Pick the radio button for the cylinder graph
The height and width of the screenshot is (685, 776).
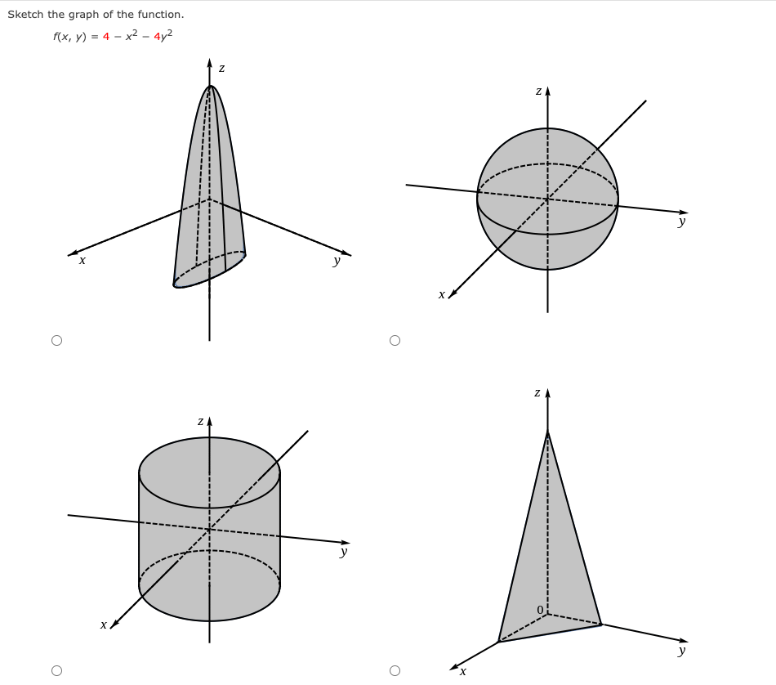pyautogui.click(x=56, y=670)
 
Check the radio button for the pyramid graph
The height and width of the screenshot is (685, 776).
pyautogui.click(x=395, y=670)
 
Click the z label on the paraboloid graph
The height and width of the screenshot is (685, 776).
pyautogui.click(x=221, y=69)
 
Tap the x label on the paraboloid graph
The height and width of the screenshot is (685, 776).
pyautogui.click(x=82, y=261)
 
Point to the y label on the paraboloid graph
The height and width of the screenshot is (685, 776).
pyautogui.click(x=336, y=262)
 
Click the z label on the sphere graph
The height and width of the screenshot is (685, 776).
pyautogui.click(x=538, y=92)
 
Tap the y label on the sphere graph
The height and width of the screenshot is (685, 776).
pyautogui.click(x=681, y=221)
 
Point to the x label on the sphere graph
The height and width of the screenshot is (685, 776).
pyautogui.click(x=441, y=294)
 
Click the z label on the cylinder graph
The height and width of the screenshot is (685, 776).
pyautogui.click(x=200, y=421)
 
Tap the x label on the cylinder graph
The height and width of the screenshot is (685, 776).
pyautogui.click(x=103, y=625)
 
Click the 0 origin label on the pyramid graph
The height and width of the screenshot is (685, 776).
pyautogui.click(x=540, y=610)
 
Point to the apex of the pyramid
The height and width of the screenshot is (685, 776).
pyautogui.click(x=547, y=432)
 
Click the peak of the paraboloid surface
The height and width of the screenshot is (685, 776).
pyautogui.click(x=210, y=87)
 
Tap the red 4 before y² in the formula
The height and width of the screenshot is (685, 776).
pyautogui.click(x=157, y=37)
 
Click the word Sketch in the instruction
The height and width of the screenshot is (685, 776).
pyautogui.click(x=25, y=15)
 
